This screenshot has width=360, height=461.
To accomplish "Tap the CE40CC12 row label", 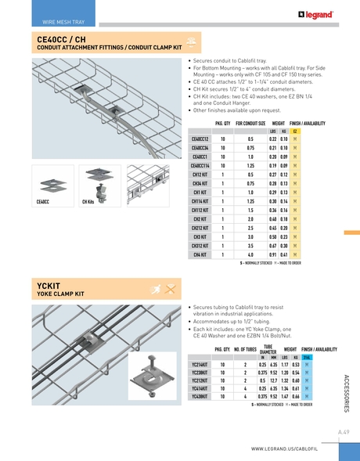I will point(200,139).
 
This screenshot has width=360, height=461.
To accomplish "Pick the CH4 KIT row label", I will point(200,254).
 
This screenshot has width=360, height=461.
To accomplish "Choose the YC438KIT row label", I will point(200,397).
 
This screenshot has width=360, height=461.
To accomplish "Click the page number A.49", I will point(344,431).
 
